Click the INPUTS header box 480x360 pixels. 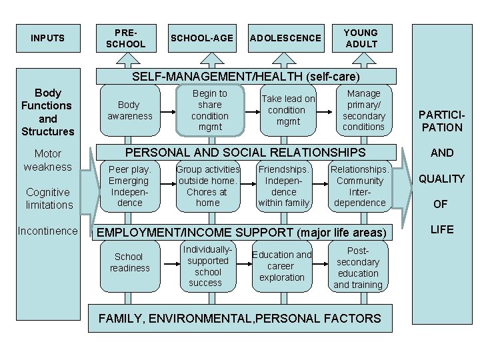[48, 38]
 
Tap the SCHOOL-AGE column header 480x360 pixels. [202, 38]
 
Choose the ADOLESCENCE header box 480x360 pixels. [285, 38]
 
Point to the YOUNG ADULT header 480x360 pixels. [361, 38]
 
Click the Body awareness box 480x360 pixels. [130, 110]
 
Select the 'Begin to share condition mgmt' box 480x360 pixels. [209, 110]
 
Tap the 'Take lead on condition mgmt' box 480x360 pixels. [288, 110]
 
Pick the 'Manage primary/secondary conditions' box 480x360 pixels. [363, 110]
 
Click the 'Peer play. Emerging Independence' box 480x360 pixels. [130, 186]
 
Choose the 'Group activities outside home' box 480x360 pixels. [208, 186]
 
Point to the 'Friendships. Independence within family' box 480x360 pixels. [284, 186]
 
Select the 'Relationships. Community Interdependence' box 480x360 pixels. [360, 186]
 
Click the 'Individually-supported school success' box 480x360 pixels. [208, 265]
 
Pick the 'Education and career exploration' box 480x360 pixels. [282, 265]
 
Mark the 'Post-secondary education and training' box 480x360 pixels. [358, 267]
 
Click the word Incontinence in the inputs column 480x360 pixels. [48, 231]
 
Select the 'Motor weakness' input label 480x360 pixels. [48, 160]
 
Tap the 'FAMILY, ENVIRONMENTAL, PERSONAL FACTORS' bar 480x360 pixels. [240, 318]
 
